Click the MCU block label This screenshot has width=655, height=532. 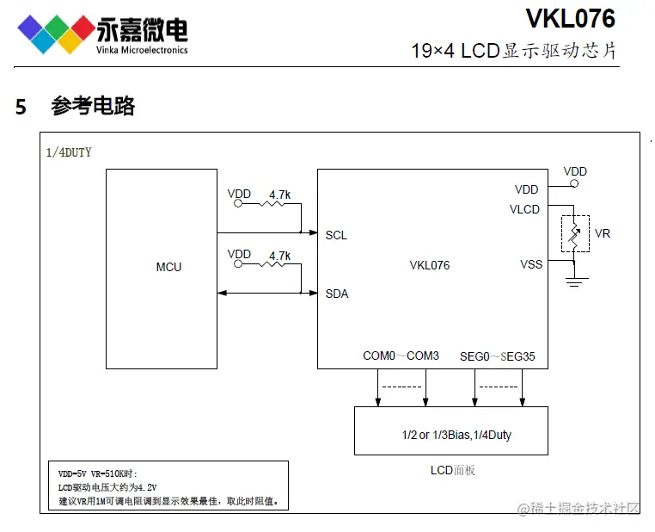click(168, 267)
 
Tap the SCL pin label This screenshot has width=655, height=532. click(336, 235)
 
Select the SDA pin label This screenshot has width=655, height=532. click(336, 294)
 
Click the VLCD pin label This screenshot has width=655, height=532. click(524, 209)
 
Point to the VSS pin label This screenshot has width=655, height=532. click(531, 264)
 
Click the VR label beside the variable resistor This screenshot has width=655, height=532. click(603, 233)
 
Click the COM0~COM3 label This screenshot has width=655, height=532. click(401, 356)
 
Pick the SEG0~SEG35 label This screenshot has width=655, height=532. click(498, 356)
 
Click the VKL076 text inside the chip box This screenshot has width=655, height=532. click(430, 265)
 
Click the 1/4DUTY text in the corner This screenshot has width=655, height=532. click(69, 152)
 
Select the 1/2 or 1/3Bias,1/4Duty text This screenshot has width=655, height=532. click(456, 435)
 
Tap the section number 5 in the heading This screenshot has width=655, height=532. click(21, 107)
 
